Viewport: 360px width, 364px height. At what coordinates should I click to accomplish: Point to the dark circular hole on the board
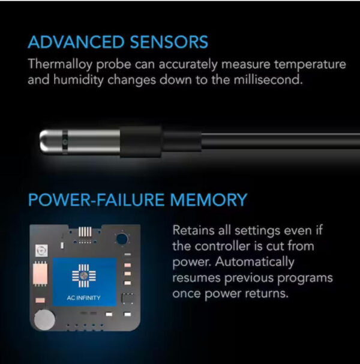coord(122,238)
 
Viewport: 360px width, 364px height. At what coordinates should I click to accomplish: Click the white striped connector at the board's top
coord(86,231)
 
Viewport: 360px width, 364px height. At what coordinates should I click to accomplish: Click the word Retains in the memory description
coord(192,231)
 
